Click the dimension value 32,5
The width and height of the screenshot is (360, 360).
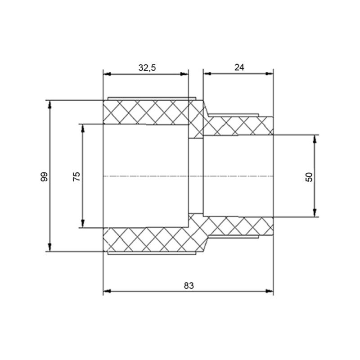(147, 68)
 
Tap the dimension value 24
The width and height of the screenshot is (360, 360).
(239, 67)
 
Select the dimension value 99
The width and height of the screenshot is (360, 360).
(44, 177)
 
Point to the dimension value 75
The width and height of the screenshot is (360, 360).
(76, 176)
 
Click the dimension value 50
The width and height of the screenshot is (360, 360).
(309, 177)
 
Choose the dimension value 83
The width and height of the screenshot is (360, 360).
(189, 286)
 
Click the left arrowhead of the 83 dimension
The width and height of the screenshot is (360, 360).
(107, 291)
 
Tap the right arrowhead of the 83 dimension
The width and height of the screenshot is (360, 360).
(269, 291)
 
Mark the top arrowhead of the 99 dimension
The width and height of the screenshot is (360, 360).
(49, 104)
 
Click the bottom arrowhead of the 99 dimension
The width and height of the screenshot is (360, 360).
(49, 247)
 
